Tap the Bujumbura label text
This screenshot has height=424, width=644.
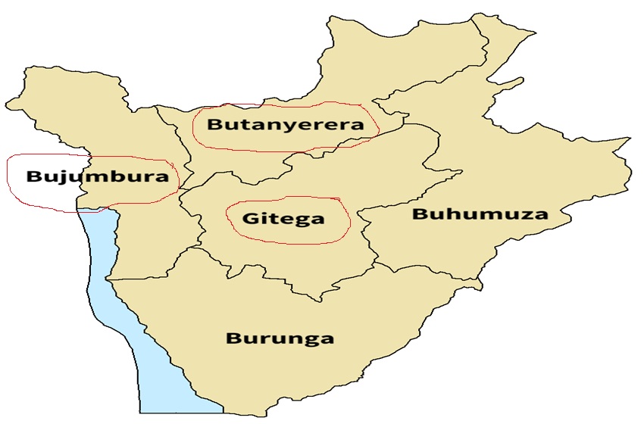[96, 178]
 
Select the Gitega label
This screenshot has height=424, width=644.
[283, 219]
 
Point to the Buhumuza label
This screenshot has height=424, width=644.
[480, 214]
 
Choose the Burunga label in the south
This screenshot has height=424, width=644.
[280, 338]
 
